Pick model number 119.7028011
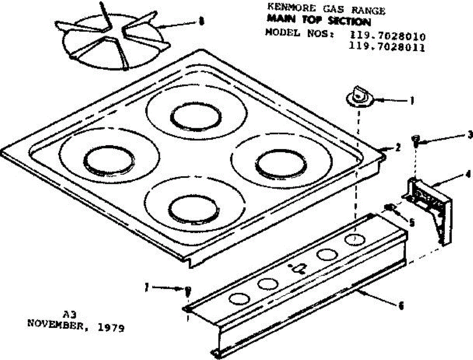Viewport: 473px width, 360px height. (x=387, y=48)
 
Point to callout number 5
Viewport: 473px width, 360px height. (x=412, y=223)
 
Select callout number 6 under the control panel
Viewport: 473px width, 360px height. (x=402, y=305)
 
